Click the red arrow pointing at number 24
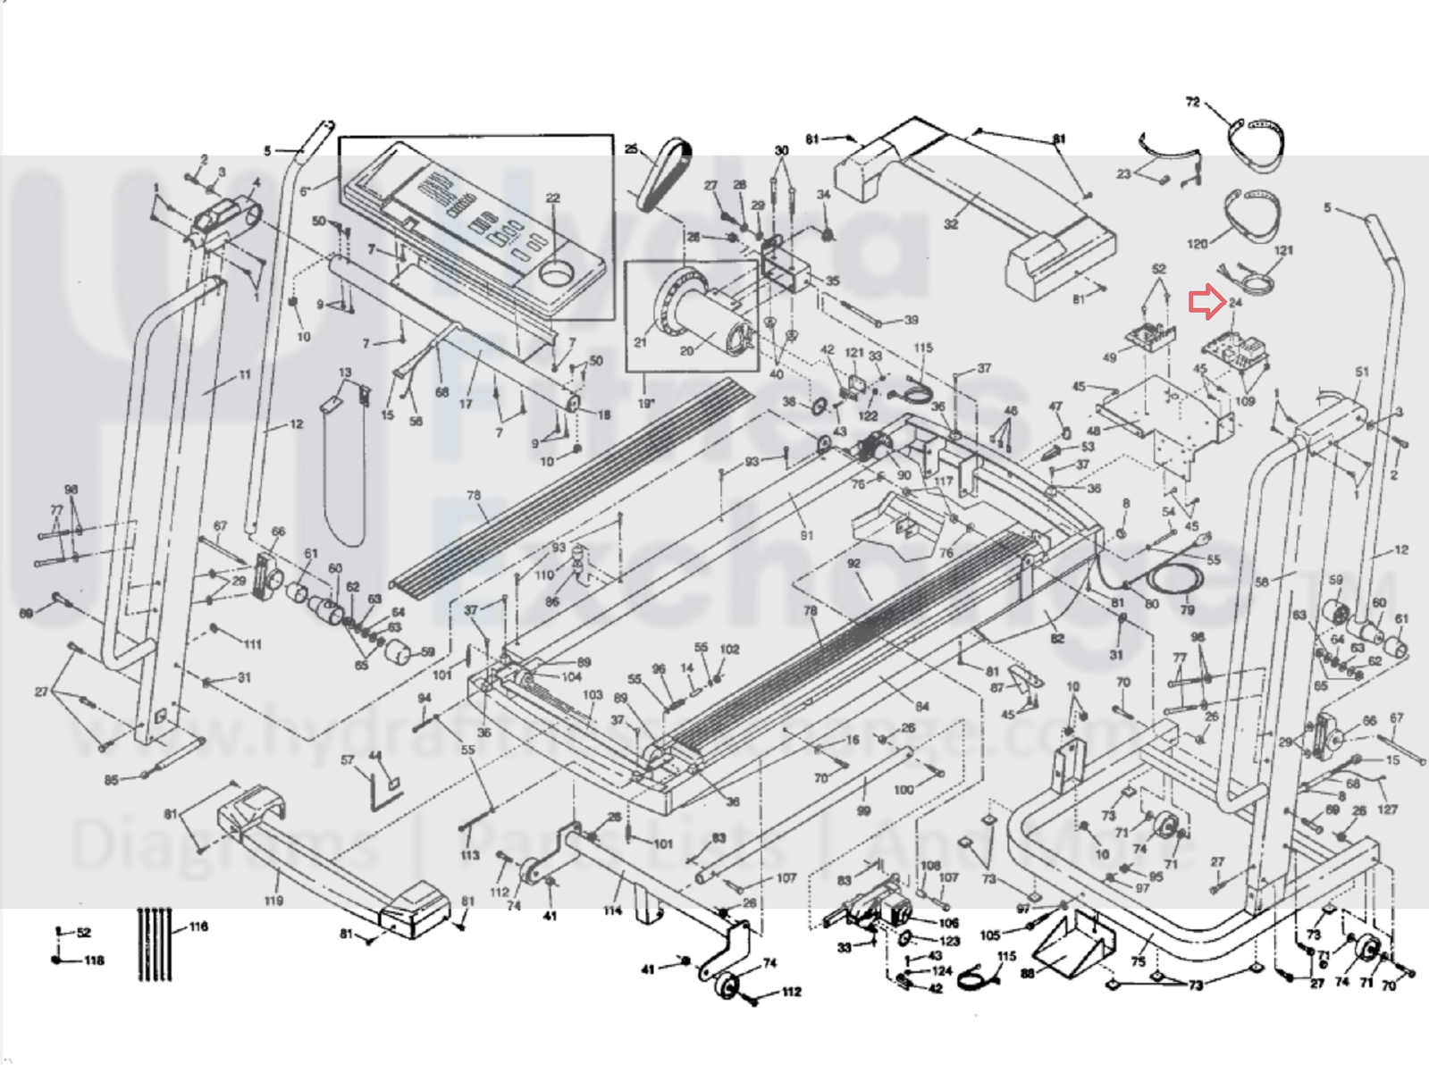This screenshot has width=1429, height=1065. [x=1206, y=302]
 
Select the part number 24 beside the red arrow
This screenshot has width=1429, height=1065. [x=1235, y=303]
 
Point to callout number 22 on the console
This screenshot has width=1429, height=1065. [x=553, y=198]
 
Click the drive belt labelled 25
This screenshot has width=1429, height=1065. [x=666, y=174]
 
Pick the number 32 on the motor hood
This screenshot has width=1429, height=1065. [x=951, y=224]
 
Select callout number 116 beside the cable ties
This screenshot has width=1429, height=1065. [x=198, y=927]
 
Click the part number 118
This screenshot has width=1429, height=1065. [x=95, y=960]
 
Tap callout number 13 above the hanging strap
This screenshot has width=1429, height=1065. [x=345, y=373]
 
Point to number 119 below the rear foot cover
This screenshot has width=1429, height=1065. [x=273, y=901]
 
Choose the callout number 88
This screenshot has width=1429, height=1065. [x=1028, y=973]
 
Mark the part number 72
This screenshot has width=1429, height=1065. [x=1192, y=102]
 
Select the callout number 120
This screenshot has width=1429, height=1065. [x=1198, y=243]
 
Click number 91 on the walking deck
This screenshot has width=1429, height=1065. [x=807, y=535]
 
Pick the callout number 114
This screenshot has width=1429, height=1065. [x=612, y=910]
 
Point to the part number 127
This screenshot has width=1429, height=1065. [x=1387, y=809]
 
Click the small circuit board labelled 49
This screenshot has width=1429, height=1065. [x=1147, y=336]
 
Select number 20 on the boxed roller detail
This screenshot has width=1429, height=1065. [x=686, y=351]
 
